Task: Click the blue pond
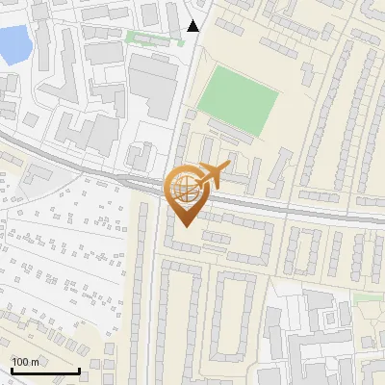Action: (x=12, y=44)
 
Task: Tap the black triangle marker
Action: (x=193, y=26)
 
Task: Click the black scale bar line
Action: (x=44, y=372)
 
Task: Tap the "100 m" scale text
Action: (x=25, y=362)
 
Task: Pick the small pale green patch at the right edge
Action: (x=367, y=298)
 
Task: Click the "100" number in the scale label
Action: (x=20, y=362)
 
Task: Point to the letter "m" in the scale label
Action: (x=35, y=362)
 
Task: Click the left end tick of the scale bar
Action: (x=11, y=369)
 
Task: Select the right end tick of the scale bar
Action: (x=79, y=369)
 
